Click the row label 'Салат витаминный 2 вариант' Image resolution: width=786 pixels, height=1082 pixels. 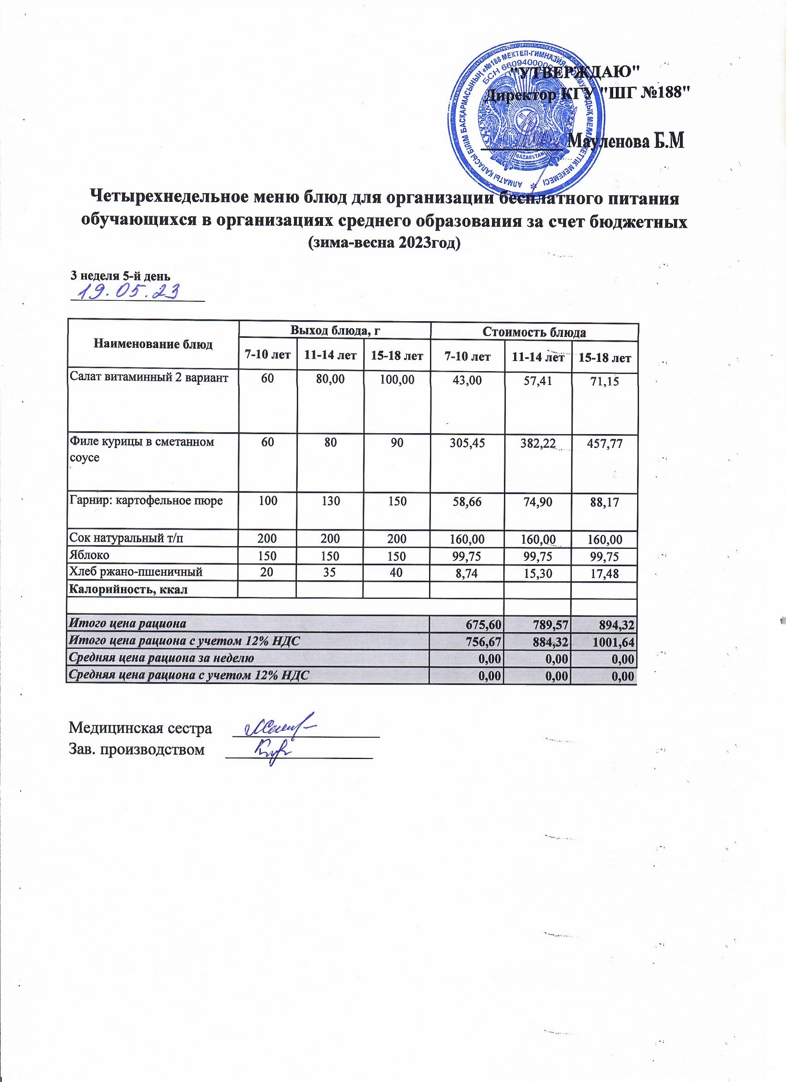[149, 378]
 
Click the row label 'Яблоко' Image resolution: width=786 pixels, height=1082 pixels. [90, 555]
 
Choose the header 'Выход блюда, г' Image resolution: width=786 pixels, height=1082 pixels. [334, 330]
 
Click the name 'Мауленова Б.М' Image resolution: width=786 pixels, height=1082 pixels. [627, 142]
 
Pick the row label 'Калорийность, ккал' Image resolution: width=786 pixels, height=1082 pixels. [129, 590]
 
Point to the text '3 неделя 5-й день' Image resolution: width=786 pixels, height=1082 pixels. [120, 276]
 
